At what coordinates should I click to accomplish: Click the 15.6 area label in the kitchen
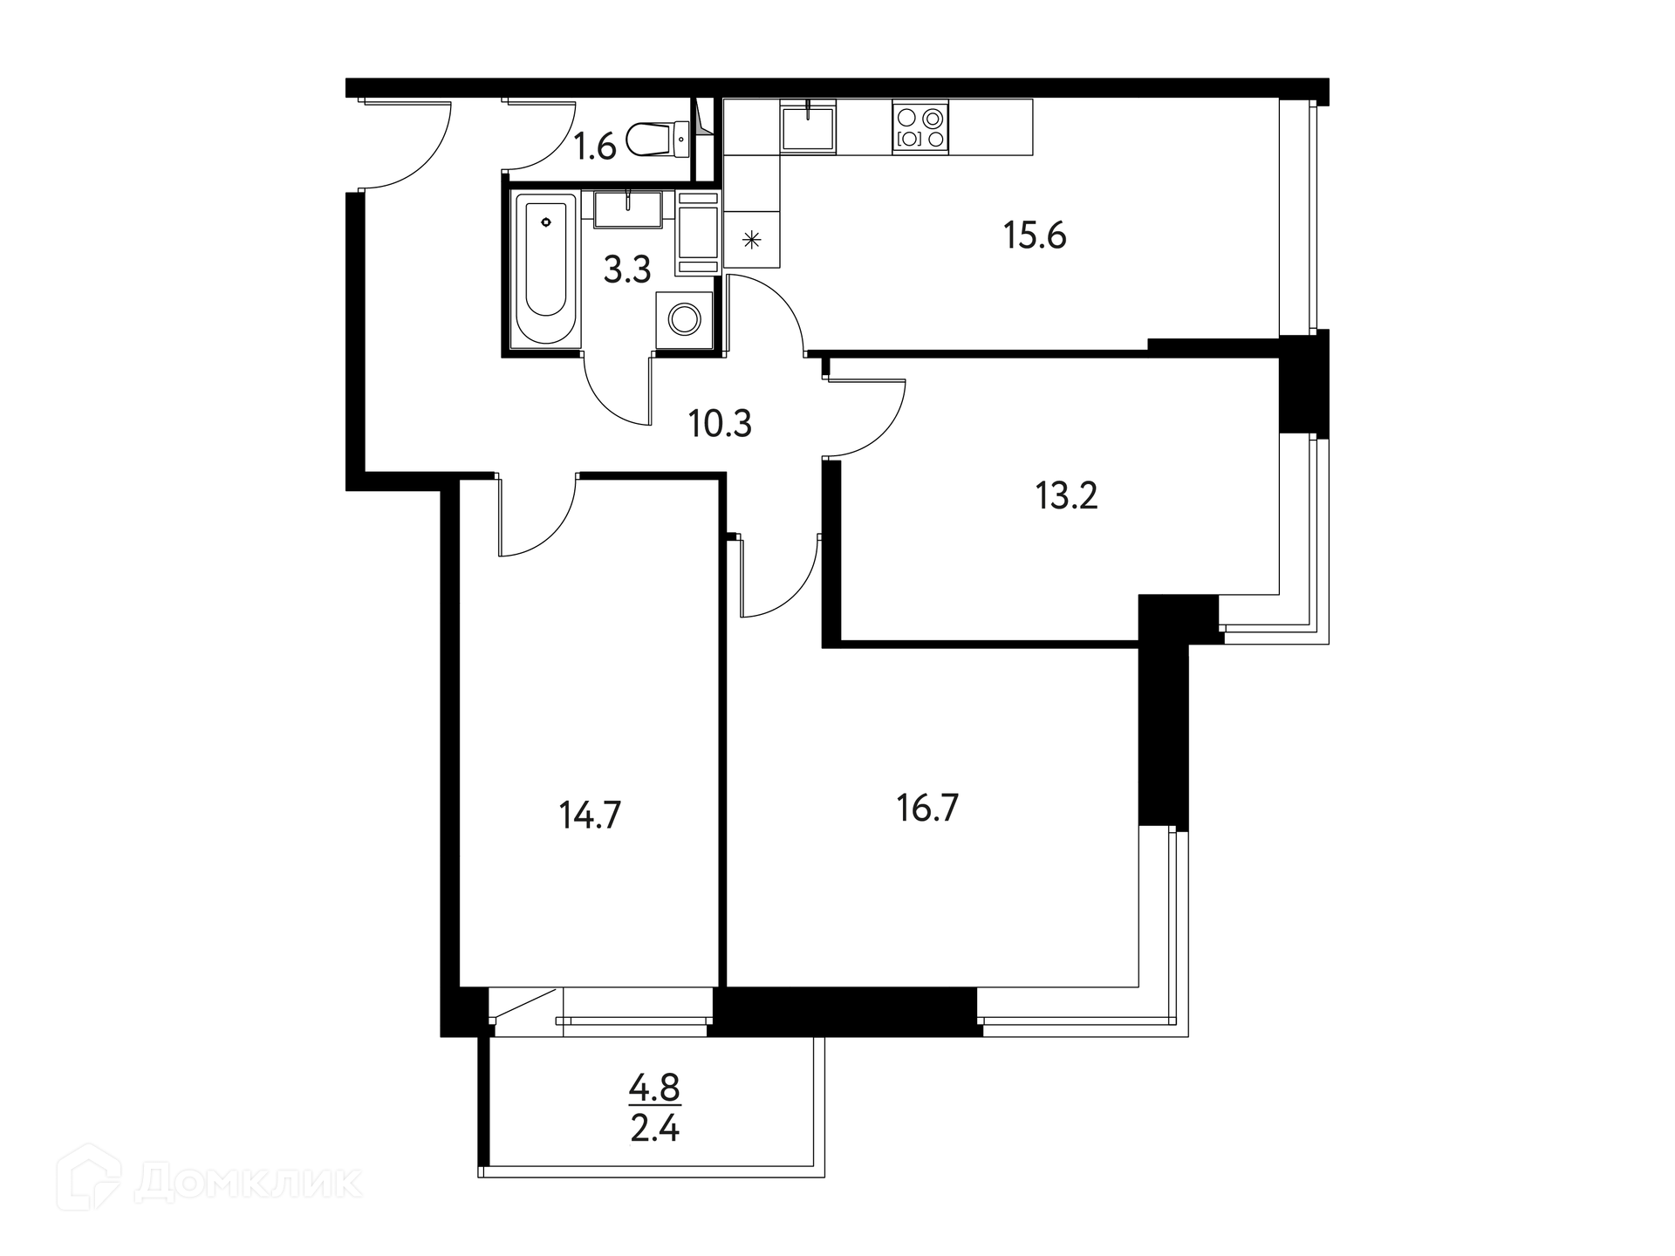click(1035, 235)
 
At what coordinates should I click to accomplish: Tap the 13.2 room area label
click(1066, 495)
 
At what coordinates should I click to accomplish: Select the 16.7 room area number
click(927, 809)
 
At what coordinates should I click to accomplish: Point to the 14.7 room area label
click(590, 816)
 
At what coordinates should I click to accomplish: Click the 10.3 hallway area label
click(720, 424)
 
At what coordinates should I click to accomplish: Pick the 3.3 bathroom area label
click(627, 270)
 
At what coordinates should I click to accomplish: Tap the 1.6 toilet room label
click(595, 147)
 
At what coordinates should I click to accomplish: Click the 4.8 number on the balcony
click(654, 1088)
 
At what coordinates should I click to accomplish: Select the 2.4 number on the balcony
click(654, 1130)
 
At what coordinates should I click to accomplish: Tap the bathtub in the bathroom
click(546, 269)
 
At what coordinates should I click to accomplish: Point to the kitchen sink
click(808, 127)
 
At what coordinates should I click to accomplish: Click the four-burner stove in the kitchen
click(920, 127)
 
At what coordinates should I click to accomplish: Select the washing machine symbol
click(683, 320)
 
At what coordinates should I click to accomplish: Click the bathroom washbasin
click(627, 208)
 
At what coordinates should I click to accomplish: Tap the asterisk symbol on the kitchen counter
click(751, 239)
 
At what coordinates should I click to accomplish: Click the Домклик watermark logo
click(209, 1184)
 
